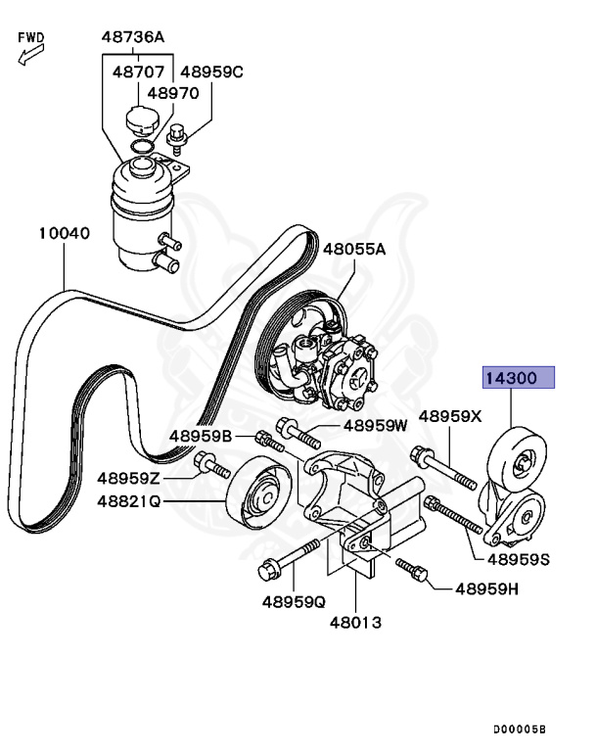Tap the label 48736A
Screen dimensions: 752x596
click(132, 38)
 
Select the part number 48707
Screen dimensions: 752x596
click(136, 71)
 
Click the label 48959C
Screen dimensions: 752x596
click(211, 71)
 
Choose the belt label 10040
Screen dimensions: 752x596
click(65, 234)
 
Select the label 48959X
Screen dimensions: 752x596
click(450, 416)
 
